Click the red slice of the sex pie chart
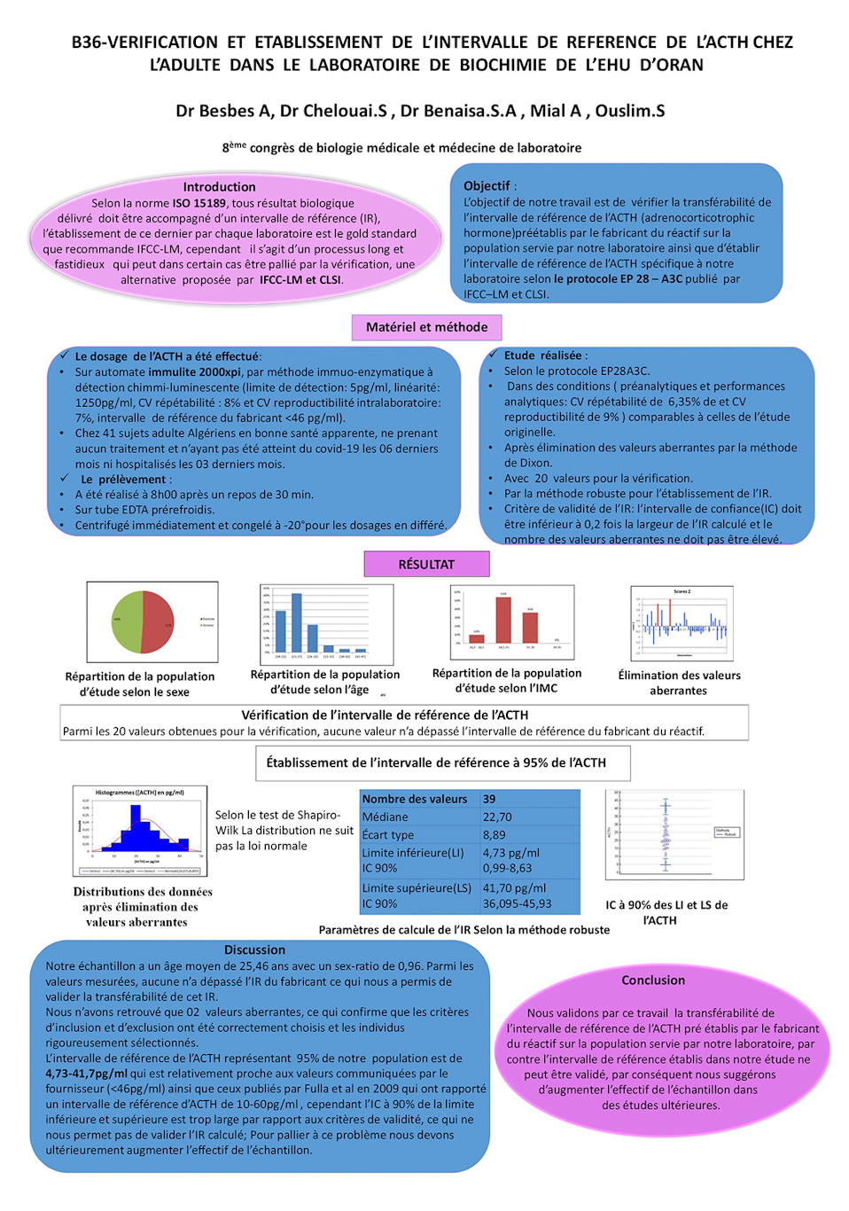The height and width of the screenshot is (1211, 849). tap(158, 622)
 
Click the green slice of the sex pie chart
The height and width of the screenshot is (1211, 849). tap(126, 622)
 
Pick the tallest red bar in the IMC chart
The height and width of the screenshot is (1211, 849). tap(503, 620)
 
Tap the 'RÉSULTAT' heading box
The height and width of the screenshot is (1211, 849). tap(426, 564)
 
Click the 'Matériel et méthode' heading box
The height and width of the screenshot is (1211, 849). tap(426, 327)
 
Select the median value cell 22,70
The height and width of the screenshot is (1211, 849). tap(497, 816)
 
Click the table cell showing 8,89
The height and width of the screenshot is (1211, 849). tap(495, 834)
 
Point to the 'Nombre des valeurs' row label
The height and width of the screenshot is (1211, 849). tap(415, 799)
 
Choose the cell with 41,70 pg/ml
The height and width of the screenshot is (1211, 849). tap(514, 887)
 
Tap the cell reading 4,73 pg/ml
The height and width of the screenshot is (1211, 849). tap(510, 852)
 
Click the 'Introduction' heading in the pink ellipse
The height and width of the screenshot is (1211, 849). tap(219, 187)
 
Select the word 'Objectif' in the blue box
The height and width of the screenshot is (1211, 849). tap(487, 186)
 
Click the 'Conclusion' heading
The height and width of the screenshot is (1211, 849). tap(653, 980)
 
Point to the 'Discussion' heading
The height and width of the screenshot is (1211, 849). tap(254, 949)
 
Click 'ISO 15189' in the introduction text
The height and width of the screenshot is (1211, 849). tap(199, 203)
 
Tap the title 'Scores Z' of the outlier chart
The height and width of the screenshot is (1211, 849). tap(682, 591)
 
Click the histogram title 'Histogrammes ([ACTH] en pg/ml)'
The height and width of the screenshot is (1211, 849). tap(140, 793)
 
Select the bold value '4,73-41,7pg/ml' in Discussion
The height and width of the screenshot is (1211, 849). tap(86, 1074)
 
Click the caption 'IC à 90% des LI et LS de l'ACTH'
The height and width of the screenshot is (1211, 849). tap(666, 912)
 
